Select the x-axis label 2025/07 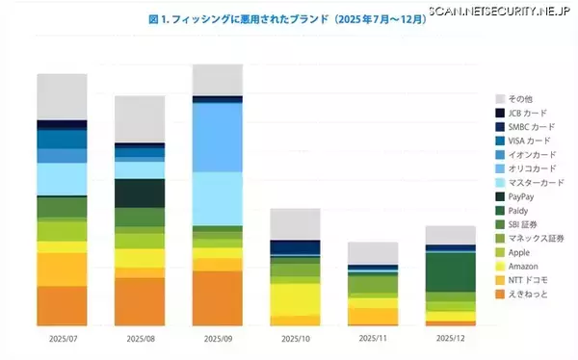pyautogui.click(x=62, y=339)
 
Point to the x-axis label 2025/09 pyautogui.click(x=217, y=339)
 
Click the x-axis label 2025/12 pyautogui.click(x=450, y=339)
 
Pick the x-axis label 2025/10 pyautogui.click(x=295, y=339)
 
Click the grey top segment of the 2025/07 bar pyautogui.click(x=62, y=96)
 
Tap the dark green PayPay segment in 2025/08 pyautogui.click(x=139, y=193)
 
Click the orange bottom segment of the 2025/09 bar pyautogui.click(x=217, y=297)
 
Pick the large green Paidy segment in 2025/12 pyautogui.click(x=450, y=271)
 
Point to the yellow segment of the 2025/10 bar pyautogui.click(x=295, y=298)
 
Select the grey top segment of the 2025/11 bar pyautogui.click(x=372, y=252)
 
